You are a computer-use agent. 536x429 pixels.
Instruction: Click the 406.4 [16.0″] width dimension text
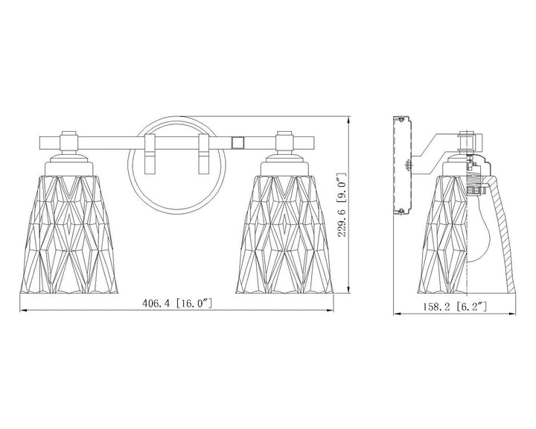[x=177, y=303]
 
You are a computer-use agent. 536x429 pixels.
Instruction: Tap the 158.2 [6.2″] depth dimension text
[x=455, y=306]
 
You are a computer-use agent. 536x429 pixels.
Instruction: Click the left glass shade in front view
[x=69, y=234]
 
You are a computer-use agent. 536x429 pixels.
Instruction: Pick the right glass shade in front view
[x=284, y=234]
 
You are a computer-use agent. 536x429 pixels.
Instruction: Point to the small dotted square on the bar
[x=238, y=143]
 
